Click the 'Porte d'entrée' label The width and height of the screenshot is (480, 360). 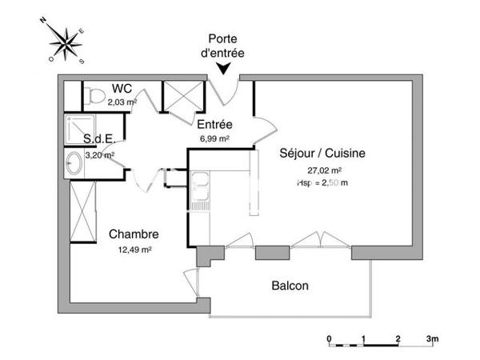[226, 45]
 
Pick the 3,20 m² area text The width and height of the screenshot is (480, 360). [100, 155]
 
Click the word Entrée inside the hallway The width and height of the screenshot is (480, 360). [214, 125]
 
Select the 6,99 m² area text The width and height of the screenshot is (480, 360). [214, 138]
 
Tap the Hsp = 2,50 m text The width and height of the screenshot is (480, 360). [322, 182]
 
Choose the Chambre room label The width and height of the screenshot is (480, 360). [134, 234]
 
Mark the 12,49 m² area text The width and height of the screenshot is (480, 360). [134, 249]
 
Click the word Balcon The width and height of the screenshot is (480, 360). [290, 286]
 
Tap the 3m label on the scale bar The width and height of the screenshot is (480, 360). [432, 339]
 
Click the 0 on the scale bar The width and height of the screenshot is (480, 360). [330, 339]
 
